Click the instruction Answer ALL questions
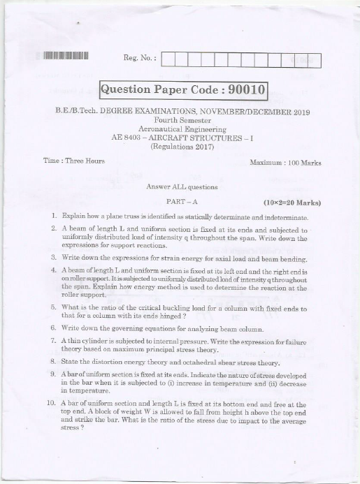[x=182, y=187]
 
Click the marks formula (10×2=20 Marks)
[x=292, y=203]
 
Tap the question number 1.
[x=53, y=217]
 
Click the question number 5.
[x=53, y=307]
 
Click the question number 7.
[x=53, y=340]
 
